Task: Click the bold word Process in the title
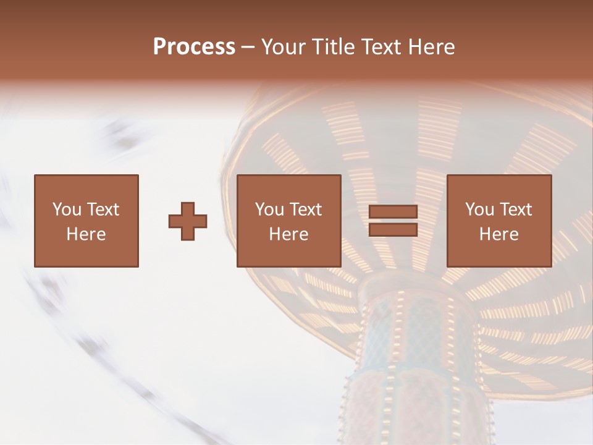point(194,47)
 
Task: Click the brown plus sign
point(188,221)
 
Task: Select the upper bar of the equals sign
point(393,212)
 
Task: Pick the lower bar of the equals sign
point(393,229)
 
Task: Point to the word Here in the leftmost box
point(86,234)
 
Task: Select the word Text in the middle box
point(306,210)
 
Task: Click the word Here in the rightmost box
point(498,234)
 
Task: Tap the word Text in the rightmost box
point(516,210)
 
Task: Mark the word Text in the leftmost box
point(103,210)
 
